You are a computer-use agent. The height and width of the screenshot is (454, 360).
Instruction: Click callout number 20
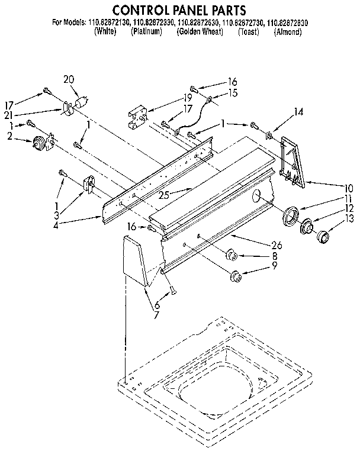(x=69, y=79)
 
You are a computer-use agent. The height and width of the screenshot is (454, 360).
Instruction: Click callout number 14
(x=298, y=111)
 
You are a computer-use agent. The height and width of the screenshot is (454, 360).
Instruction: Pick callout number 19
(x=188, y=97)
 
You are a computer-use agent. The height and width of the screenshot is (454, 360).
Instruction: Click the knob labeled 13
(x=323, y=238)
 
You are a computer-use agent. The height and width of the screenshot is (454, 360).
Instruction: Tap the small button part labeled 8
(x=232, y=256)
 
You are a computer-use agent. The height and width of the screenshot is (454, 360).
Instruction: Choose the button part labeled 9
(x=236, y=275)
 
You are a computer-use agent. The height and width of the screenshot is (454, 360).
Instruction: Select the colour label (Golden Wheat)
(x=200, y=32)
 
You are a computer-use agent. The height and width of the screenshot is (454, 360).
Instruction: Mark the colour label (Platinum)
(x=146, y=32)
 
